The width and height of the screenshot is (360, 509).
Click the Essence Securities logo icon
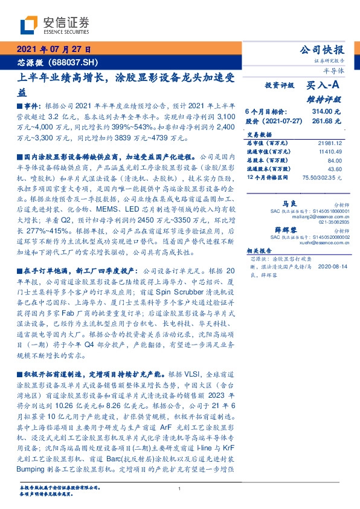(x=29, y=25)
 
